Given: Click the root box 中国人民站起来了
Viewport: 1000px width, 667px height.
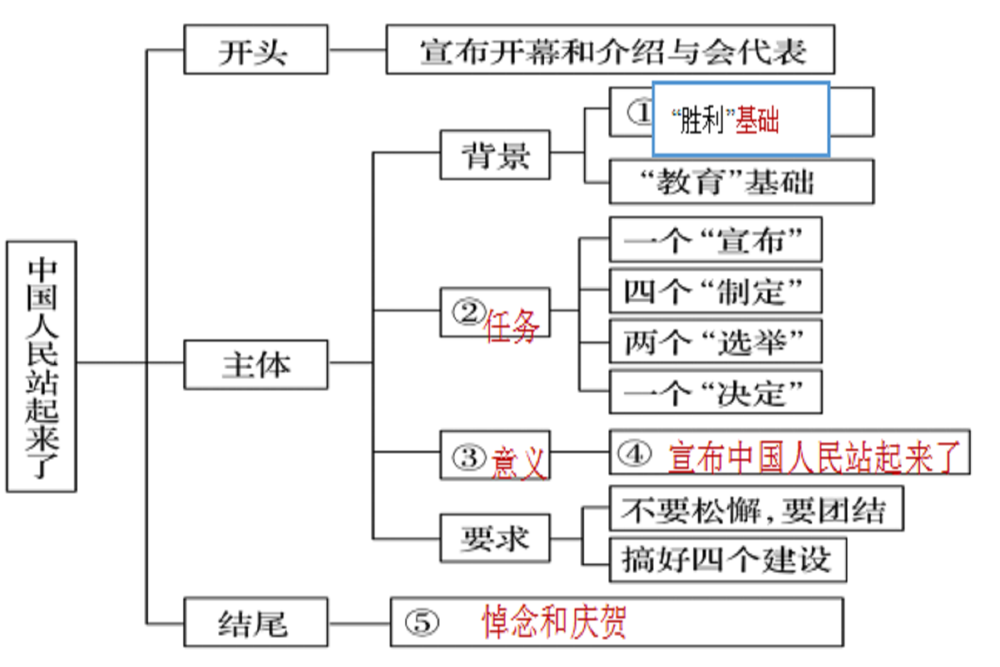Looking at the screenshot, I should (41, 366).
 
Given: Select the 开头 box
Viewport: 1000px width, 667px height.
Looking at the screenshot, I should (255, 50).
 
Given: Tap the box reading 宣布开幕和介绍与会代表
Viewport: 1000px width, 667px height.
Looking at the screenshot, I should (610, 50).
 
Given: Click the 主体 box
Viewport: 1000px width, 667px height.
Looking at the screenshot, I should (255, 365).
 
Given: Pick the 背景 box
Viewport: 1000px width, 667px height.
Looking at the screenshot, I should (495, 155).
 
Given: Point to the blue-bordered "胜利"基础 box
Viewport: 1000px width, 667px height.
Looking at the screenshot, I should (740, 119).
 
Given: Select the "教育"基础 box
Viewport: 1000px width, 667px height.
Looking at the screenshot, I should (741, 181).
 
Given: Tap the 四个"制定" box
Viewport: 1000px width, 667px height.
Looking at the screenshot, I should (715, 291).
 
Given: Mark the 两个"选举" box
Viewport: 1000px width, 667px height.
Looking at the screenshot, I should (715, 342).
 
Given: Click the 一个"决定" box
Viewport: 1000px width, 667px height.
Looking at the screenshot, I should (715, 393).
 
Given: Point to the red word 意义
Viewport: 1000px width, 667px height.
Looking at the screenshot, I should (519, 462).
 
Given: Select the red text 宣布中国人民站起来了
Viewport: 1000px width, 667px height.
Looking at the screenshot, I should (813, 457).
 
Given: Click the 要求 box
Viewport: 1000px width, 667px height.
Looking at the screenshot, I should (495, 538).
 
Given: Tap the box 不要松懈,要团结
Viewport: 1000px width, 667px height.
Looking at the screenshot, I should (756, 510).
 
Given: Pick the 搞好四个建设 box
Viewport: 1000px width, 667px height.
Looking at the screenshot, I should (727, 560).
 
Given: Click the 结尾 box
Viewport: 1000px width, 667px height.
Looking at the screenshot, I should (255, 623).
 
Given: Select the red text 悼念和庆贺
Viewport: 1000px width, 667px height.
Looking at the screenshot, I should (554, 622).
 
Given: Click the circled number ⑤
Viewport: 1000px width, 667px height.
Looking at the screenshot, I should (423, 622).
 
